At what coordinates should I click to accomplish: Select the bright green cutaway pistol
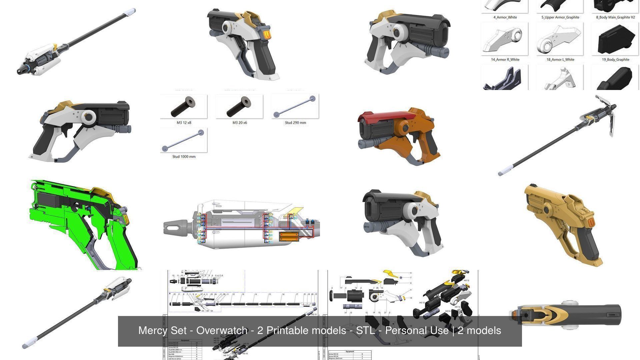83,223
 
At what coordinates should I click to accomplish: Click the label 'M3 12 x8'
184,123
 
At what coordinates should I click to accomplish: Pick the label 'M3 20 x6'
239,123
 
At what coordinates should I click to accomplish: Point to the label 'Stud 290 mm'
295,123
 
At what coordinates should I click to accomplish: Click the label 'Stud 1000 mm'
184,157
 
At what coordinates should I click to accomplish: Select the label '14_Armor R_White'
505,60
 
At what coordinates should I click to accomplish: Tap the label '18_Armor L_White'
560,60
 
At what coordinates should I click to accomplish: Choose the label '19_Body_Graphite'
615,60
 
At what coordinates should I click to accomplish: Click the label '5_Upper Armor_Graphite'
560,17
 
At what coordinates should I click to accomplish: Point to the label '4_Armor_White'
505,17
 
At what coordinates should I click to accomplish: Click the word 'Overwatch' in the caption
222,331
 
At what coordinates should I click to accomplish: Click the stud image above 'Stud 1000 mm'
184,140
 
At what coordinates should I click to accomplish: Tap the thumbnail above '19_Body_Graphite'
615,39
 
